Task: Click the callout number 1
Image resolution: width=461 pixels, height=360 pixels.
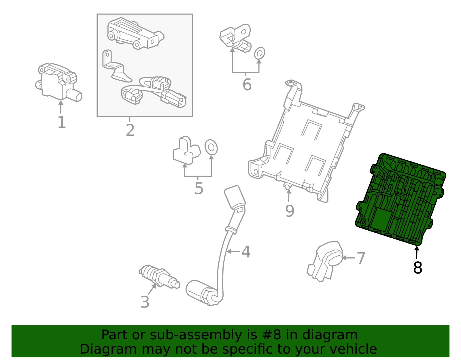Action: coord(62,122)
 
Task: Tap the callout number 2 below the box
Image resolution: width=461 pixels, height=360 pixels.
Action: coord(130,130)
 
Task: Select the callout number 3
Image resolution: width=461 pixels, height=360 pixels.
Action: coord(145,302)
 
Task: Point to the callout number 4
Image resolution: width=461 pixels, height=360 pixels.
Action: coord(246,252)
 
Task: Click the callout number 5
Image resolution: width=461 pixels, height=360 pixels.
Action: coord(199,188)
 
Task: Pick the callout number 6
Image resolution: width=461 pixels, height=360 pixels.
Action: coord(247,85)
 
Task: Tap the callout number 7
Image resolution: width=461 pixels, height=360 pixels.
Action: coord(361,258)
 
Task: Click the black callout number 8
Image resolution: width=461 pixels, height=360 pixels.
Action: coord(417,268)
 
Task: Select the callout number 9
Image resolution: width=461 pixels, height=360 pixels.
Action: coord(290,211)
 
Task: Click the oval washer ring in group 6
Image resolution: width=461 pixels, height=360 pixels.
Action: coord(259,53)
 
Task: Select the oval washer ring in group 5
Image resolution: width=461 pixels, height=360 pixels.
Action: coord(211,147)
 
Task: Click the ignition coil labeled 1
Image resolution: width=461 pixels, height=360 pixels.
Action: coord(58,82)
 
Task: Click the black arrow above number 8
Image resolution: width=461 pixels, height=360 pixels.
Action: coord(417,252)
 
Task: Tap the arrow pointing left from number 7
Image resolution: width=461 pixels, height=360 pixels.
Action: coord(348,258)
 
